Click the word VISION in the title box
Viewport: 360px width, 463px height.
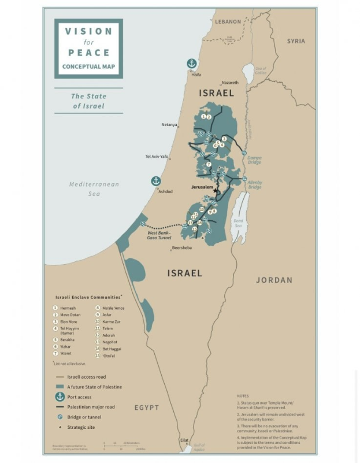pos(88,31)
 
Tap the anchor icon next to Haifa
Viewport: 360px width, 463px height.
pos(191,64)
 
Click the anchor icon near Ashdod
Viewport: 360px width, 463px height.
pos(155,181)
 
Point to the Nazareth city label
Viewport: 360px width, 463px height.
pos(229,83)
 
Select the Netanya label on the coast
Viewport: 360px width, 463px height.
pos(169,124)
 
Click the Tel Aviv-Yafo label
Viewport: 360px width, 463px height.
pos(156,156)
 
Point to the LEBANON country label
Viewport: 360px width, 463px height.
pos(228,21)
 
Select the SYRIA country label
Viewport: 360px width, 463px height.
pos(296,41)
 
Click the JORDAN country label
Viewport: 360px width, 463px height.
pos(274,280)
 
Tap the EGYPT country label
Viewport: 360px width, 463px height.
pos(147,408)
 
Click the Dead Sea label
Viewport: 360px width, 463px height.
pos(237,221)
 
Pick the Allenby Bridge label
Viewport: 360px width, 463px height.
pos(255,185)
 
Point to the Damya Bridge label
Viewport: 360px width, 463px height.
pos(254,160)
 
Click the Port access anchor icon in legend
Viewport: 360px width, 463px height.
pos(59,397)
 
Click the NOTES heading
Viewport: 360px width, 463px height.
pos(243,396)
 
